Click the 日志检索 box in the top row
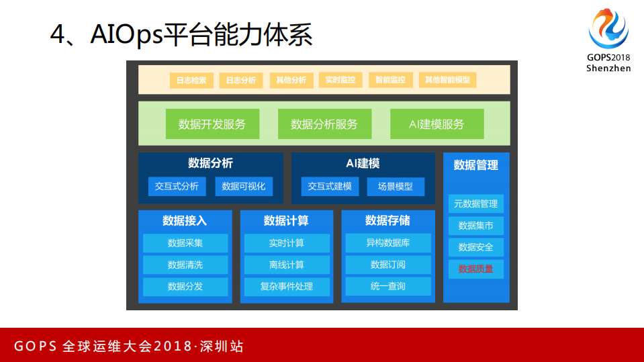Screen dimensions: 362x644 [x=191, y=80]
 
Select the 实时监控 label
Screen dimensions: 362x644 [x=340, y=80]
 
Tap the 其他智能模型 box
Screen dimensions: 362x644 [x=447, y=80]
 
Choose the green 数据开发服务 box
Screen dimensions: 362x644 [x=212, y=124]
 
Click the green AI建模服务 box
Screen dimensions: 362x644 [x=436, y=124]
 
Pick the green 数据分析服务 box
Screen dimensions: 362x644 [x=324, y=124]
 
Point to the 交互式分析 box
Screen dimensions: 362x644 [x=177, y=187]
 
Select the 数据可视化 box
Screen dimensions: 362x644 [x=244, y=187]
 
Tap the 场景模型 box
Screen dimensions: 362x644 [x=396, y=187]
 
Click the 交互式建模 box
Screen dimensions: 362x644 [x=330, y=186]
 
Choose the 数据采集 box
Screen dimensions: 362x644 [x=185, y=243]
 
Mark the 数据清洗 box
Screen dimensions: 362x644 [x=185, y=265]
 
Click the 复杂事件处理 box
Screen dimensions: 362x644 [x=287, y=286]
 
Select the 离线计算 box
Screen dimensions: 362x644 [x=287, y=265]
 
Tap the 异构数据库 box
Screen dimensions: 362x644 [x=388, y=242]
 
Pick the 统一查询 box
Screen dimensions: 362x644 [x=388, y=286]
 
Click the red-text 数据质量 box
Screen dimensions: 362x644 [x=475, y=269]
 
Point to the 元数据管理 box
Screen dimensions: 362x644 [x=475, y=204]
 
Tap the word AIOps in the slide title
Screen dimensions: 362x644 [x=127, y=34]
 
